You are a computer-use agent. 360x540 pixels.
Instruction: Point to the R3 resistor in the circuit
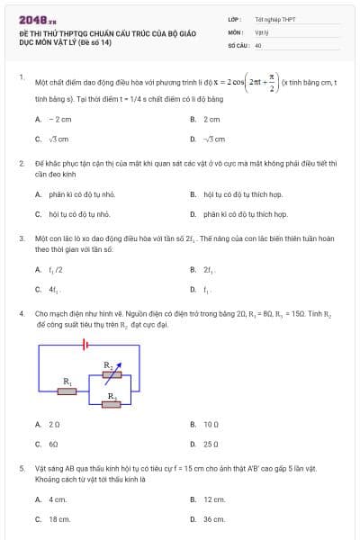[x=112, y=404]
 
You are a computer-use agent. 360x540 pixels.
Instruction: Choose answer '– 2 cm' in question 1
[x=59, y=119]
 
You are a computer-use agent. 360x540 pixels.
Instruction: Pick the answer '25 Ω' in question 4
[x=212, y=444]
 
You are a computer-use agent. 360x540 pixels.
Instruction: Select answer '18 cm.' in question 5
[x=59, y=519]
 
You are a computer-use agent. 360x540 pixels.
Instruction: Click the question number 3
[x=21, y=239]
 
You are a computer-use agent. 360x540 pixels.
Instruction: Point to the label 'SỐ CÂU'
[x=237, y=44]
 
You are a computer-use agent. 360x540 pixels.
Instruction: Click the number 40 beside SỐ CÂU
[x=258, y=44]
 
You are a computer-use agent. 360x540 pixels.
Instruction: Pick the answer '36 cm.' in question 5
[x=214, y=519]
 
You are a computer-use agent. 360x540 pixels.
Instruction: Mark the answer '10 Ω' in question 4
[x=212, y=423]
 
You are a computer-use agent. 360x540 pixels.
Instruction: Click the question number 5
[x=21, y=469]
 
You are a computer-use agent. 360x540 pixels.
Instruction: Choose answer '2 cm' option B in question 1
[x=212, y=119]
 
